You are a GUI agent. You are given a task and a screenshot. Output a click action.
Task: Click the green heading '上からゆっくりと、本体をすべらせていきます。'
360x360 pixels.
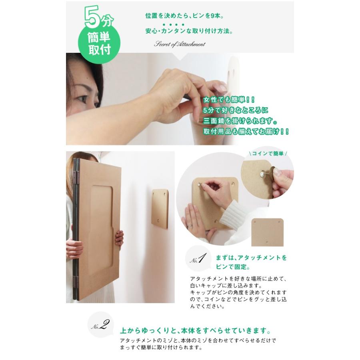(x=195, y=331)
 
